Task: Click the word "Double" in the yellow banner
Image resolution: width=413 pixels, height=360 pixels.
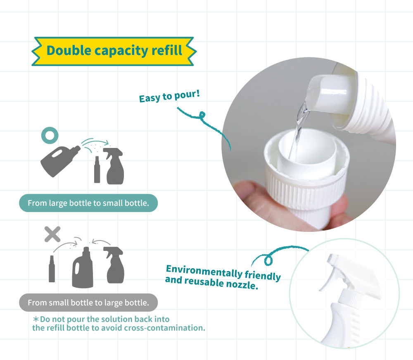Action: coord(69,50)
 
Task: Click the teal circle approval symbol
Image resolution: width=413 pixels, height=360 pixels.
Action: coord(50,135)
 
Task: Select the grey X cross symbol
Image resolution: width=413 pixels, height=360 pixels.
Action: coord(52,234)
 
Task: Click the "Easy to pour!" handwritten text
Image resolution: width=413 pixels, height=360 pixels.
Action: coord(169,96)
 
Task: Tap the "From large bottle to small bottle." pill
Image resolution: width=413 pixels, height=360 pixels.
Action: coord(88,203)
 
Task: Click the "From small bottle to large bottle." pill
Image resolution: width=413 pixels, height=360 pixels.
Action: coord(88,303)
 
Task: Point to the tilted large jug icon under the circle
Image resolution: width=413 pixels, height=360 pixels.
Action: coord(60,161)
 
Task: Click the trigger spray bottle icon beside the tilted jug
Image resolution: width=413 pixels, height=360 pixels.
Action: coord(114,166)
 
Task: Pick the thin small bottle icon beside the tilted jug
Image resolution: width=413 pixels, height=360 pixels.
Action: coord(97,169)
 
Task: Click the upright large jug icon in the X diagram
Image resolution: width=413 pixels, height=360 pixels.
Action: coord(83,267)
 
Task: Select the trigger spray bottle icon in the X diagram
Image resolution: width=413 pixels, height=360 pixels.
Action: coord(114,265)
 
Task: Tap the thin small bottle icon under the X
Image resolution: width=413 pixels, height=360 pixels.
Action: coord(52,269)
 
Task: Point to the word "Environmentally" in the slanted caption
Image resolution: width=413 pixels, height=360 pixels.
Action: coord(204,271)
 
